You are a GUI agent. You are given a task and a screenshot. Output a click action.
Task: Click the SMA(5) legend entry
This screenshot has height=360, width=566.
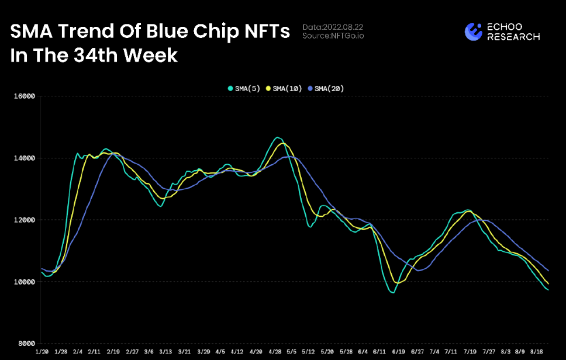point(245,88)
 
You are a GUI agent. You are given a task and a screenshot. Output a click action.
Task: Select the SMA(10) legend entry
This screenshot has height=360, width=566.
point(284,88)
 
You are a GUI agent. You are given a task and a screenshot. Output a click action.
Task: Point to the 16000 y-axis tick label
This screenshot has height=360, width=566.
point(24,96)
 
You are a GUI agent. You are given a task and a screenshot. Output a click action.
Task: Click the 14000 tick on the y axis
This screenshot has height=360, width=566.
point(24,158)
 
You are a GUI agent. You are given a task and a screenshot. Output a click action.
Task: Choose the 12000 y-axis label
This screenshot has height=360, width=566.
point(24,220)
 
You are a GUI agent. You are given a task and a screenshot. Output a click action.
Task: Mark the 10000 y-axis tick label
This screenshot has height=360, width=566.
point(24,282)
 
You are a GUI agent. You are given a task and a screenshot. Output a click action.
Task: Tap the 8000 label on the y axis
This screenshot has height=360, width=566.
point(26,344)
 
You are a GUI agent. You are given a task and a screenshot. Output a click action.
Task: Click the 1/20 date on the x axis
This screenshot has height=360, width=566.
point(42,352)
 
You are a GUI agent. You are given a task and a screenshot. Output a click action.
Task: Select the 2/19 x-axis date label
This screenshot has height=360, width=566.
point(113,352)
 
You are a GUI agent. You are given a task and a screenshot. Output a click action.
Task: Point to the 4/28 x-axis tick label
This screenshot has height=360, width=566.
point(274,352)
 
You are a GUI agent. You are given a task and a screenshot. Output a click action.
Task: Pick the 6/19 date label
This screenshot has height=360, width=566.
point(398,352)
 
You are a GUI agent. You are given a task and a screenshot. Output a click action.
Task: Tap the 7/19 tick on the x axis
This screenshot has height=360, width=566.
point(469,352)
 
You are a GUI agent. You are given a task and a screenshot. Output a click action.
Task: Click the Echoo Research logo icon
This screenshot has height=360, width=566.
point(473,32)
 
